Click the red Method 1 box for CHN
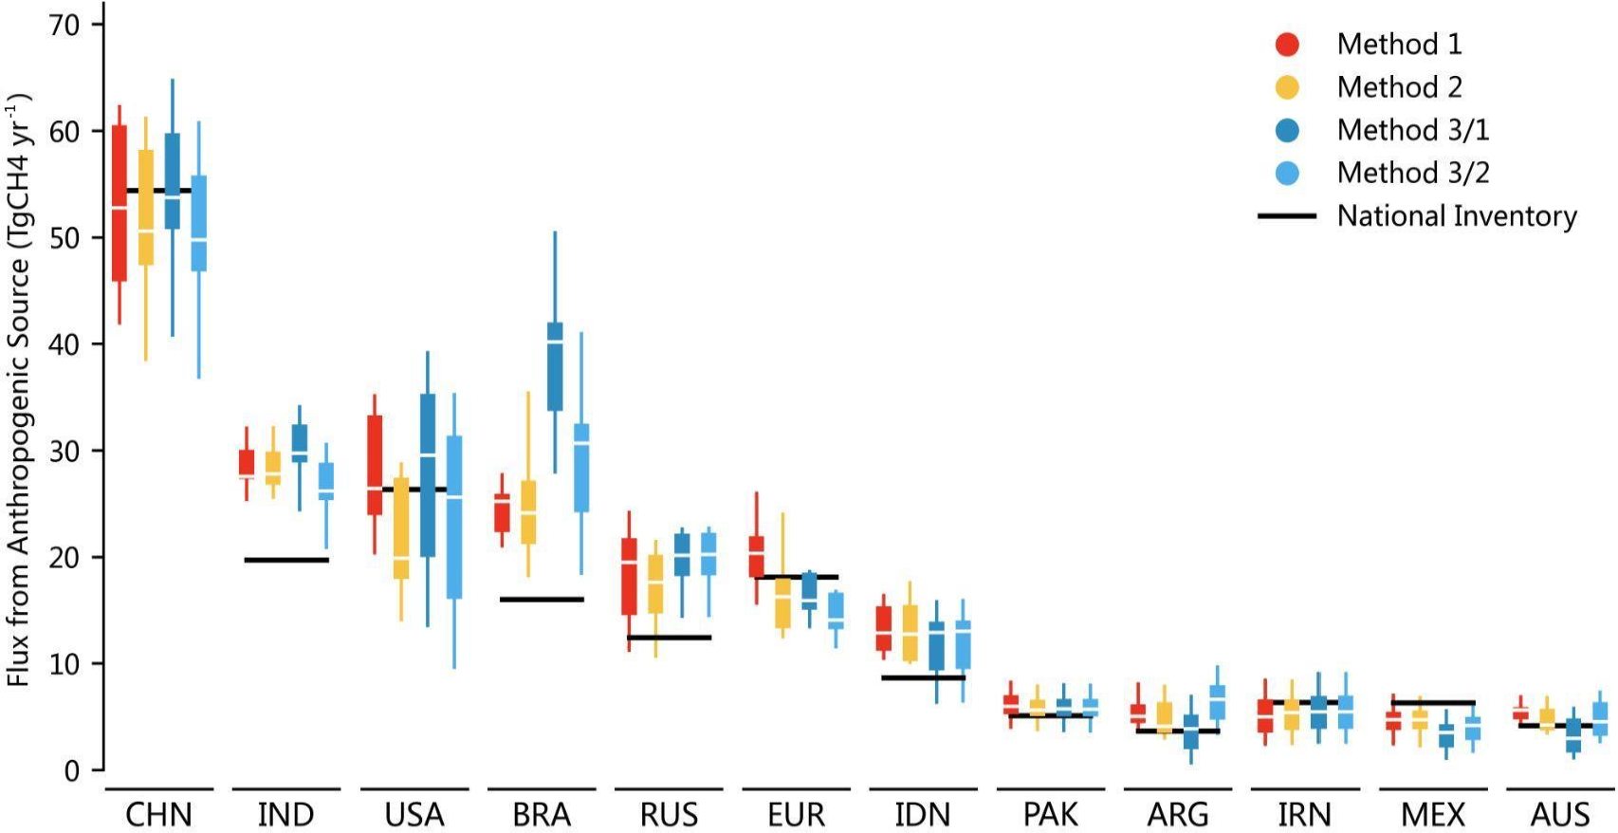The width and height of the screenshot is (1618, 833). click(x=120, y=203)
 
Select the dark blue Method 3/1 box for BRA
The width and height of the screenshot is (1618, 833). click(x=555, y=366)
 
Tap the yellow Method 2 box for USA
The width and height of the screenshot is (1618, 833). click(x=401, y=528)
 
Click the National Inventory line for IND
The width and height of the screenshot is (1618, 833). click(x=286, y=560)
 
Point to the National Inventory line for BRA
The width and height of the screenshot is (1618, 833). click(x=542, y=600)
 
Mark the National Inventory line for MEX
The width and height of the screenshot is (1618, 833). click(x=1433, y=703)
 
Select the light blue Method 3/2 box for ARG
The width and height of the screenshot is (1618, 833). click(x=1218, y=702)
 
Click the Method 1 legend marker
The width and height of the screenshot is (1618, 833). click(x=1287, y=44)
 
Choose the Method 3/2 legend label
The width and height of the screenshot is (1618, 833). click(x=1412, y=173)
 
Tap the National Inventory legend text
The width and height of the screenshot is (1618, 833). click(x=1456, y=216)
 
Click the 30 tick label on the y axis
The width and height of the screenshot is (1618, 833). click(x=64, y=451)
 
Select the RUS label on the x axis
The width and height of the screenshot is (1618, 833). click(x=669, y=815)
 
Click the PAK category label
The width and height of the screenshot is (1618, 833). click(x=1051, y=815)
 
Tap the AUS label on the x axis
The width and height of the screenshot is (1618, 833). click(x=1560, y=815)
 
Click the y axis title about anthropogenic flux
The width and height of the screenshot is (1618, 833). click(x=19, y=389)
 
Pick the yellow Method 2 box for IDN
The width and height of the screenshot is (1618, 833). click(x=910, y=633)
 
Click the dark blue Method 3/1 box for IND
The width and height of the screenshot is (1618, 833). click(x=300, y=443)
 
